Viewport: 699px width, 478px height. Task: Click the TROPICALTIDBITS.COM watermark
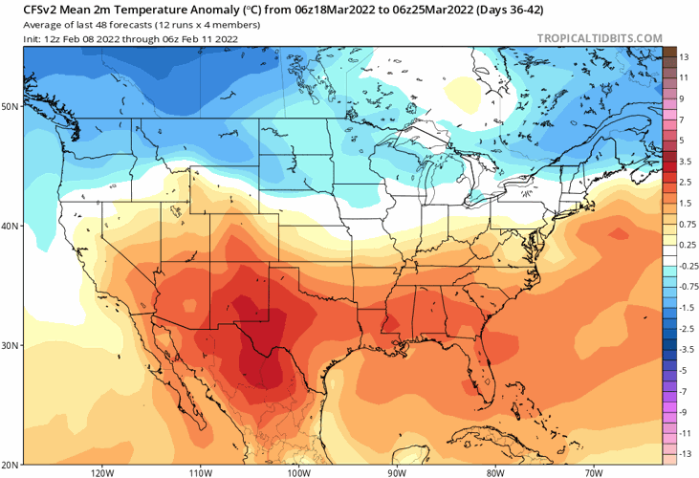600,38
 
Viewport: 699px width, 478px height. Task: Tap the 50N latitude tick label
11,106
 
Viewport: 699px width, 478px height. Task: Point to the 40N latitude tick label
11,227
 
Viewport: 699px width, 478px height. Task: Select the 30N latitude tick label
11,345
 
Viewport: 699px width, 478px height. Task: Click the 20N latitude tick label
11,464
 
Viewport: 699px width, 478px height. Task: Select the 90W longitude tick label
397,472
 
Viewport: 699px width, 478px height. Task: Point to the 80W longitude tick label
494,472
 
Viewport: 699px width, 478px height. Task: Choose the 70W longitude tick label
593,472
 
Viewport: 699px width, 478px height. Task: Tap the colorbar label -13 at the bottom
686,455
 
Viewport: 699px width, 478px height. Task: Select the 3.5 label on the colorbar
686,161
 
